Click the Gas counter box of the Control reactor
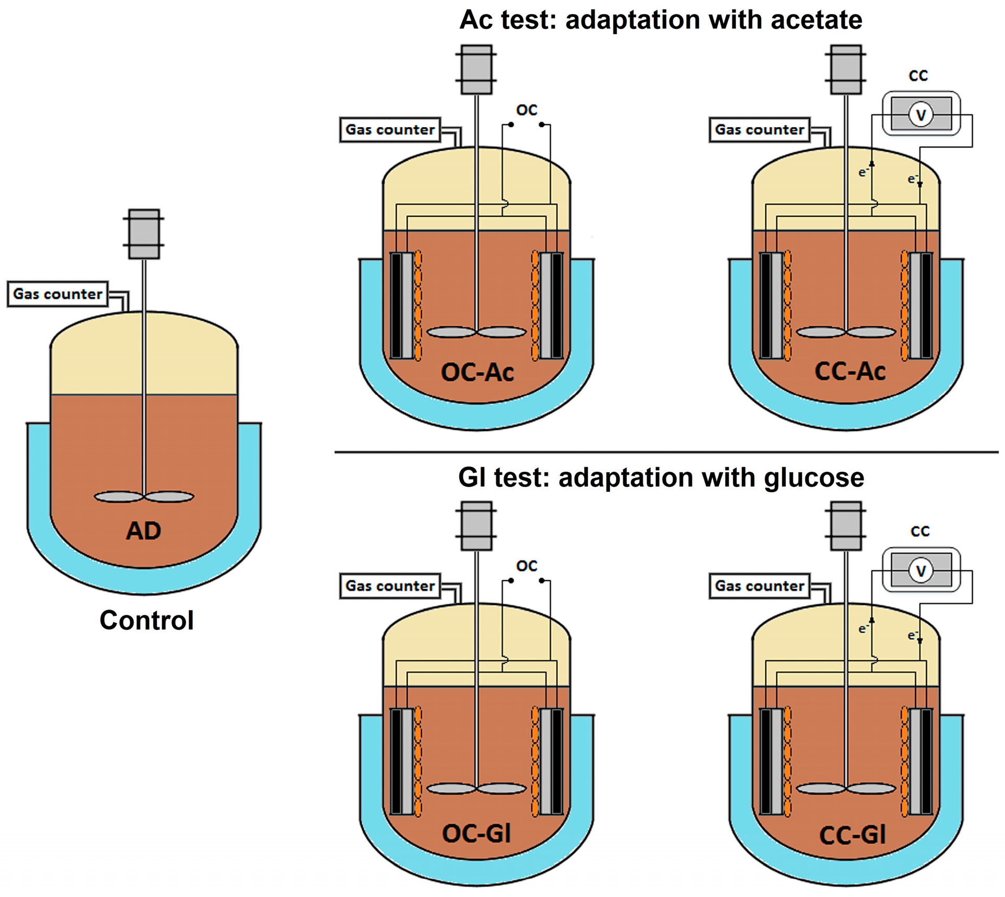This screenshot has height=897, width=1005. [x=58, y=294]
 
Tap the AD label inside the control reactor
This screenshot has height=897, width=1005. [x=143, y=531]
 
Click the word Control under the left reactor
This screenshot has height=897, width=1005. [x=147, y=621]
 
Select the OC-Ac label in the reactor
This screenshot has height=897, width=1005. [x=477, y=372]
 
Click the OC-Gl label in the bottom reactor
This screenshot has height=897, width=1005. [x=476, y=833]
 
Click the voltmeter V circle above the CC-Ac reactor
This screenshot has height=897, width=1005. [x=921, y=115]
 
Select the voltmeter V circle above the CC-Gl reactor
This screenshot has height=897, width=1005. [x=921, y=570]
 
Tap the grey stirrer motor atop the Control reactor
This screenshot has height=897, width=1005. [x=144, y=234]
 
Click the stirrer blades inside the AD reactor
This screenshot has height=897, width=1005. [x=144, y=496]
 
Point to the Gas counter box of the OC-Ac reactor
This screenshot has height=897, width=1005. [x=390, y=129]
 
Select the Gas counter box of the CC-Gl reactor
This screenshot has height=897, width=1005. [x=760, y=585]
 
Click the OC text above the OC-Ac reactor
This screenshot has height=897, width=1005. [x=527, y=110]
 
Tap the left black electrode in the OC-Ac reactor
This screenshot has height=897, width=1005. [x=396, y=305]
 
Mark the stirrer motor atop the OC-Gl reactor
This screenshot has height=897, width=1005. [x=476, y=526]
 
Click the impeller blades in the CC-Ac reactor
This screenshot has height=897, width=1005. [x=846, y=332]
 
